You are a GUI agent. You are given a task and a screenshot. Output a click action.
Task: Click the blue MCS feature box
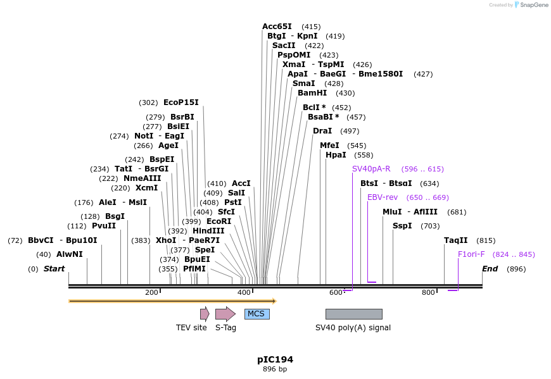pyautogui.click(x=256, y=314)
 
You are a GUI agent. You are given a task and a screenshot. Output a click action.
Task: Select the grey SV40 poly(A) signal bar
pyautogui.click(x=353, y=314)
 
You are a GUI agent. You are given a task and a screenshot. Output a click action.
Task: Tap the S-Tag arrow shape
pyautogui.click(x=225, y=314)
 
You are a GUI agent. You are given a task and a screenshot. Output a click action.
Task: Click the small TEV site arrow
pyautogui.click(x=205, y=314)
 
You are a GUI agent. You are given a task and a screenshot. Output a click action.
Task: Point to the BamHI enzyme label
pyautogui.click(x=312, y=93)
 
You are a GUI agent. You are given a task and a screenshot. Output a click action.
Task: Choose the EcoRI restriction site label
pyautogui.click(x=219, y=221)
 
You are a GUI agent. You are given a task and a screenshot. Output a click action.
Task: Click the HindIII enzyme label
pyautogui.click(x=208, y=231)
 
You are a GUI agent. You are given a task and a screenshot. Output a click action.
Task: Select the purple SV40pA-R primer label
pyautogui.click(x=371, y=169)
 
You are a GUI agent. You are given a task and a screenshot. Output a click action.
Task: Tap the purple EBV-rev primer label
pyautogui.click(x=383, y=197)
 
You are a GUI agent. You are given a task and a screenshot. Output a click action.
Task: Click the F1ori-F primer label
pyautogui.click(x=471, y=254)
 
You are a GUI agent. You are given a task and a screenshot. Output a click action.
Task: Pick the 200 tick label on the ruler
pyautogui.click(x=151, y=292)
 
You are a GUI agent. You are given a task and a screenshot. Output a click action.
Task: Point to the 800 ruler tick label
pyautogui.click(x=428, y=292)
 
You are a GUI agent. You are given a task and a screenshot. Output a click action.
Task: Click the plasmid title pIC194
pyautogui.click(x=275, y=359)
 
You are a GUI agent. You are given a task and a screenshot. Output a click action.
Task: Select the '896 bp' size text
pyautogui.click(x=275, y=369)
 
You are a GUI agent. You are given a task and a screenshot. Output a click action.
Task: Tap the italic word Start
pyautogui.click(x=54, y=269)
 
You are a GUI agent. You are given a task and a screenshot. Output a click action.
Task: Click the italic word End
pyautogui.click(x=490, y=269)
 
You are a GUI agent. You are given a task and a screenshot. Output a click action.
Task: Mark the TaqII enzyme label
pyautogui.click(x=455, y=240)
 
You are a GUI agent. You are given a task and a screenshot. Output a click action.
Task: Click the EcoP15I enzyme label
pyautogui.click(x=180, y=103)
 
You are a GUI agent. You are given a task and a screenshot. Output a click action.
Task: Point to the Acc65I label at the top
pyautogui.click(x=277, y=27)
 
